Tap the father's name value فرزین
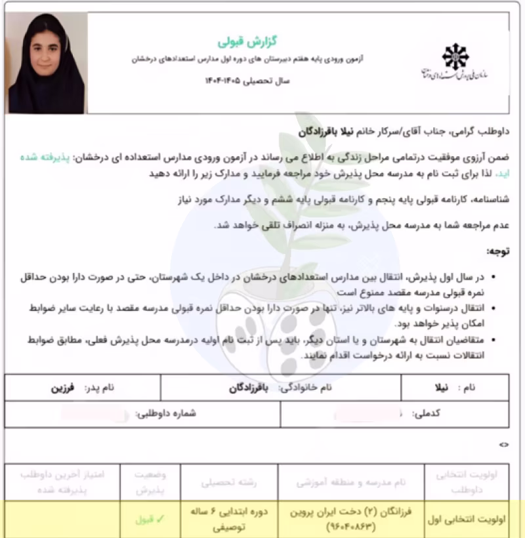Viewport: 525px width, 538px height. coord(64,388)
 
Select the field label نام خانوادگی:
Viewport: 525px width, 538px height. coord(304,388)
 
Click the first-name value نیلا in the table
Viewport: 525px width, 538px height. coord(444,388)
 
